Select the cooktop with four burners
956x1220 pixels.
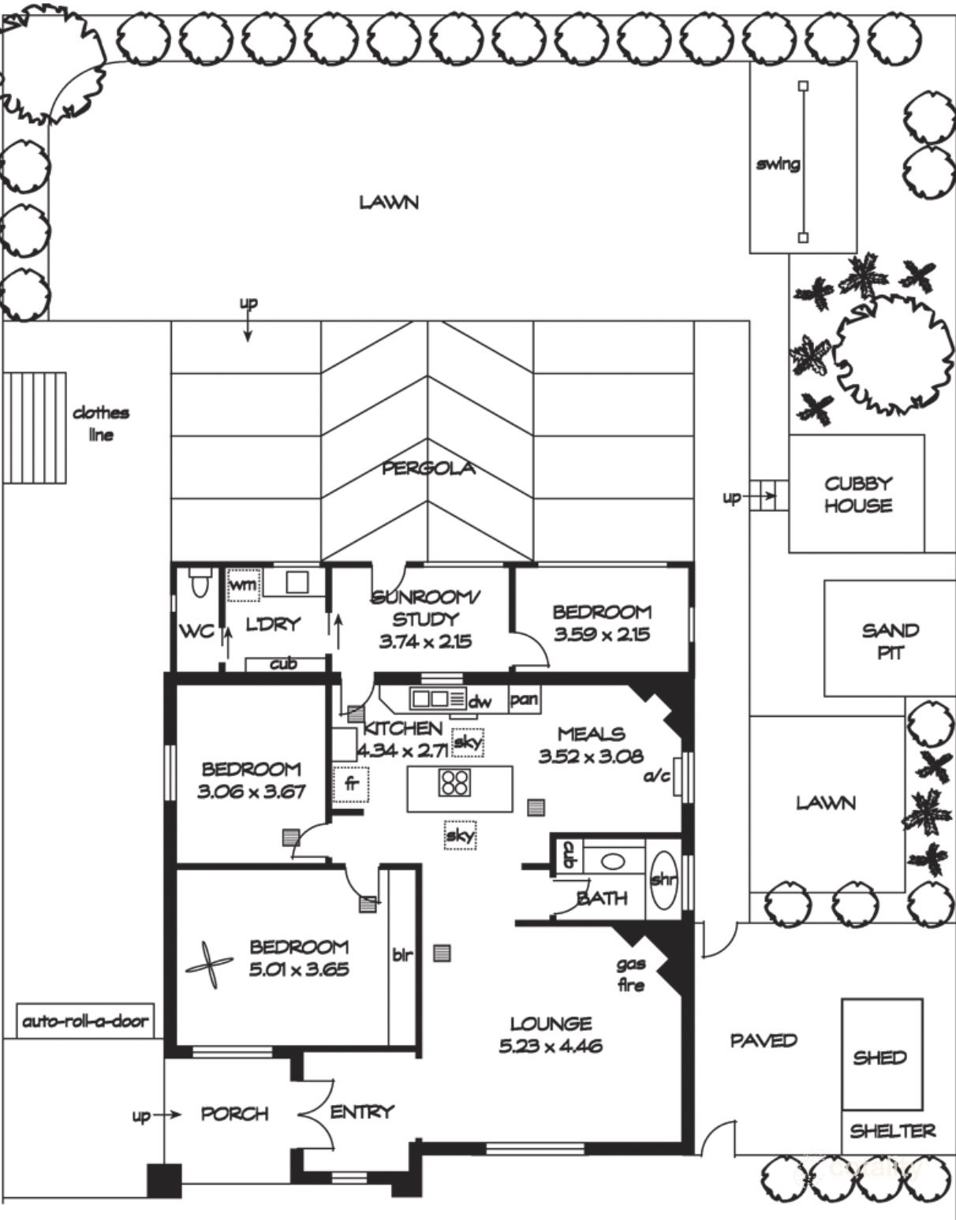click(x=455, y=782)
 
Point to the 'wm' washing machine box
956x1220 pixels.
click(x=243, y=585)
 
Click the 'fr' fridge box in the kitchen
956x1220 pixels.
click(x=350, y=785)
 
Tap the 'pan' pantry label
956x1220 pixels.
click(x=523, y=700)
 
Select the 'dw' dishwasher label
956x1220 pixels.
click(x=480, y=701)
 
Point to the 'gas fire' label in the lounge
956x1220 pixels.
click(x=631, y=974)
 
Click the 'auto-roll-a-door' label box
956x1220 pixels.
click(x=84, y=1021)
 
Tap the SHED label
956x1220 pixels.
click(x=879, y=1058)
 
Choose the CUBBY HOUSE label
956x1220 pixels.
click(x=857, y=494)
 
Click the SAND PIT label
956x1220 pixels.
click(x=890, y=641)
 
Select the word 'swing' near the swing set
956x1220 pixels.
click(x=778, y=164)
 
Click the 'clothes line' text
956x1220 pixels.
click(x=101, y=423)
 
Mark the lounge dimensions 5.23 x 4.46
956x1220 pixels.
click(x=551, y=1047)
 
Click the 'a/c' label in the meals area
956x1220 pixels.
click(x=656, y=776)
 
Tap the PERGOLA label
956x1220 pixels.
click(x=428, y=468)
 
